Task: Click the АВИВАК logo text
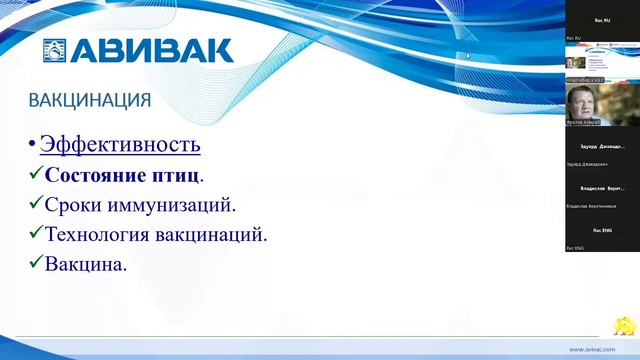tap(150, 50)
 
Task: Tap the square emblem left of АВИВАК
tap(54, 51)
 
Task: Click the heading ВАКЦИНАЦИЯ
tap(90, 101)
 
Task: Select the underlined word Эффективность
tap(120, 144)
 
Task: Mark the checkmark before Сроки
tap(36, 204)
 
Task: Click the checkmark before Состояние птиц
tap(36, 174)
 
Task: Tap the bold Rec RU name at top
tap(602, 20)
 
